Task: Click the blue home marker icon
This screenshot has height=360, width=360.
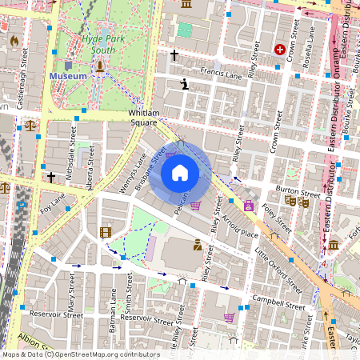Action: point(180,172)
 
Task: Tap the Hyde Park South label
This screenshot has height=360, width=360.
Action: point(102,43)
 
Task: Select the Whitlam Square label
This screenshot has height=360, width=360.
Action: point(143,118)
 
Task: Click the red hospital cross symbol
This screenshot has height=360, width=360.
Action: point(279,50)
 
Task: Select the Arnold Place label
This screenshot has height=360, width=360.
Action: point(240,225)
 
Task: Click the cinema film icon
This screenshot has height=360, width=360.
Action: point(106,233)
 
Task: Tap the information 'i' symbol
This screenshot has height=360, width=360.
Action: point(185,83)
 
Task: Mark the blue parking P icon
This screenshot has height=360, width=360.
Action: point(22,206)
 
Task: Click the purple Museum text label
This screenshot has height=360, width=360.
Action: point(68,75)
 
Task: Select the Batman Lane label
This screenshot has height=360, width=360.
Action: point(113,310)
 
